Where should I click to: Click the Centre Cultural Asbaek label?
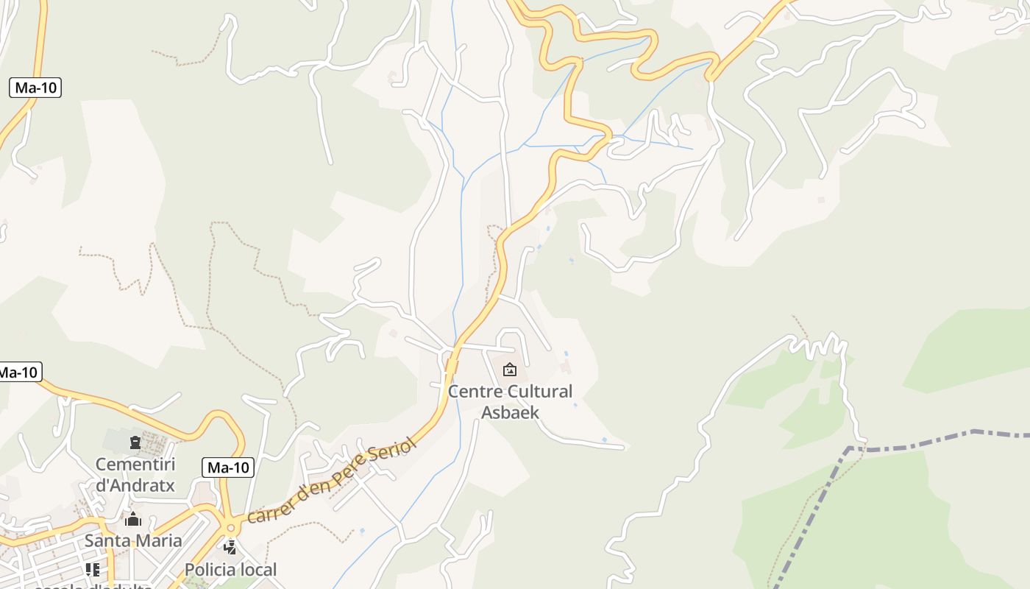click(510, 401)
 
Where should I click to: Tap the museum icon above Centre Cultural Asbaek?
click(510, 370)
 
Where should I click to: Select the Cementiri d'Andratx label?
click(135, 475)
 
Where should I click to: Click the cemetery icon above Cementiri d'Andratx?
click(135, 442)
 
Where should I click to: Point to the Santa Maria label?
click(133, 540)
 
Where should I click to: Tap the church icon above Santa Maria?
click(133, 520)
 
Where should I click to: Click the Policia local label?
click(230, 569)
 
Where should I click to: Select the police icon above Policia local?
click(230, 547)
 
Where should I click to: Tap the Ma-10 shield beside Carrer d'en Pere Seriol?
click(228, 467)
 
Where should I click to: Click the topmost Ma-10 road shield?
click(35, 88)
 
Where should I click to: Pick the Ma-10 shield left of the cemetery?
click(18, 372)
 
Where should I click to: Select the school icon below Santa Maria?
click(92, 569)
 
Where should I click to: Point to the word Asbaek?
click(510, 412)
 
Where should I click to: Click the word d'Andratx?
click(135, 485)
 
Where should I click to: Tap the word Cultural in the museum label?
click(539, 391)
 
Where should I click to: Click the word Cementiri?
click(135, 465)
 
